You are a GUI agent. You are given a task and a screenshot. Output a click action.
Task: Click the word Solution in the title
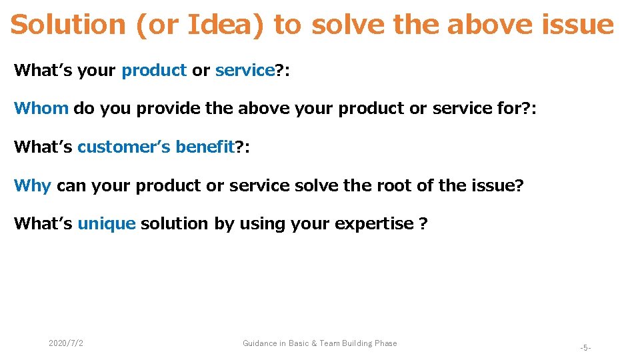tap(68, 25)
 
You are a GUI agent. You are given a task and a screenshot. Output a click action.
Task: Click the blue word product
tap(154, 70)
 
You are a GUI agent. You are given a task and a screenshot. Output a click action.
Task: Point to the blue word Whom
tap(41, 108)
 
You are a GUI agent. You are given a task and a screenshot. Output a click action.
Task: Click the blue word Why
tap(33, 185)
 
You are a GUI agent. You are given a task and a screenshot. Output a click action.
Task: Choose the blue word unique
tap(107, 224)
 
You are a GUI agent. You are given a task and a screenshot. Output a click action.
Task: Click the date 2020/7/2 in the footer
tap(66, 343)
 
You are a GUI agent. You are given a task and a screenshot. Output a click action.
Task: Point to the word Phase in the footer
tap(385, 343)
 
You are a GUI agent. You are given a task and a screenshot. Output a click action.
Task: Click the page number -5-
tap(585, 348)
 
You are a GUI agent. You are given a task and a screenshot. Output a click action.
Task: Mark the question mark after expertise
tap(423, 224)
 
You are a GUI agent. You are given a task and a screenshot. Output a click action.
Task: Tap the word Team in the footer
tap(329, 343)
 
